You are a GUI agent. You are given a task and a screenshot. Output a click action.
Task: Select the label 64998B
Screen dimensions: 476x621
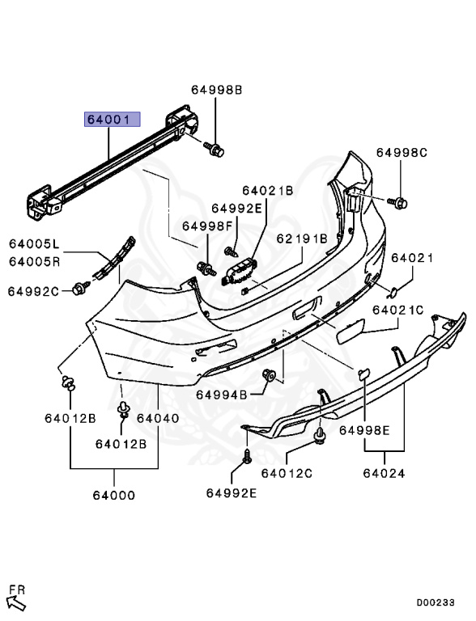217,90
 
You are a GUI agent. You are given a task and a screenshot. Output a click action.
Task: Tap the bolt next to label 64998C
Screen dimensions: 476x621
397,202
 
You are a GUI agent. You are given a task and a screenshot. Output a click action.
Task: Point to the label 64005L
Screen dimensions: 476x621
34,244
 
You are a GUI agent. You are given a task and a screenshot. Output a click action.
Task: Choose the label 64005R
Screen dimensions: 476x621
34,262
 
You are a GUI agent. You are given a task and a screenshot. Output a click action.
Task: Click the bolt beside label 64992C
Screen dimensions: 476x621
81,288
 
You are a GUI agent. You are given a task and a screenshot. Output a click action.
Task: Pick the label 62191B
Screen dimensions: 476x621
302,239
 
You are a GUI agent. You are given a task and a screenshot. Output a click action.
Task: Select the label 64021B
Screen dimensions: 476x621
268,191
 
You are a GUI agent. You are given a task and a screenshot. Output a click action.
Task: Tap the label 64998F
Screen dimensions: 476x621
207,226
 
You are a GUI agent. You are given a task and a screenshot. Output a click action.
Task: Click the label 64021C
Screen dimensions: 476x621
397,310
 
